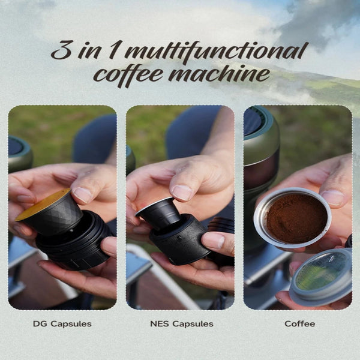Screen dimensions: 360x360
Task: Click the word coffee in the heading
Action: tap(130, 76)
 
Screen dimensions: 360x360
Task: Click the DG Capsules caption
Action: tap(62, 324)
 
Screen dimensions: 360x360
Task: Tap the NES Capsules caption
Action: tap(182, 324)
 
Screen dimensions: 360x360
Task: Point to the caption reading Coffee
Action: tap(299, 324)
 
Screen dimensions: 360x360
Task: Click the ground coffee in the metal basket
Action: tap(296, 218)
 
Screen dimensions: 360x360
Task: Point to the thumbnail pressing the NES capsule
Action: tap(181, 193)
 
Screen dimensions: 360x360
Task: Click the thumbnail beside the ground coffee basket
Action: tap(333, 198)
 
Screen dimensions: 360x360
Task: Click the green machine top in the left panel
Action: tap(20, 152)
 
